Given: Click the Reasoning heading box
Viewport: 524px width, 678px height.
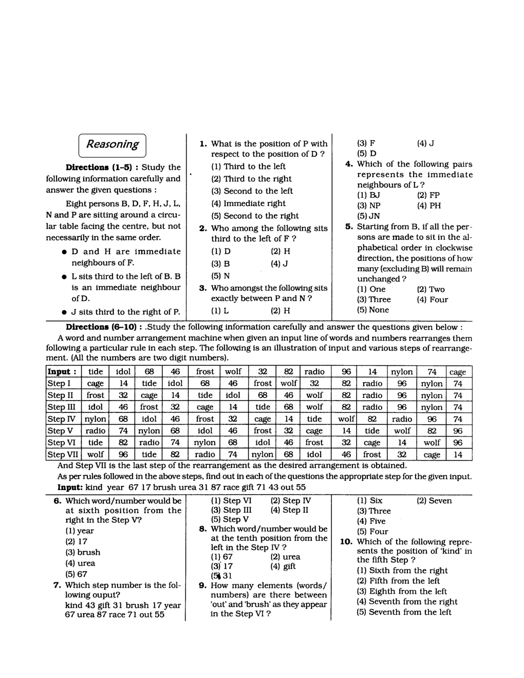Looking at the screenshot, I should (112, 144).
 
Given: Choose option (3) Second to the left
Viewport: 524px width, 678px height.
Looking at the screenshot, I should (252, 191).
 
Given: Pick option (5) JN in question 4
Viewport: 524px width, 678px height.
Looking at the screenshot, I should (368, 216).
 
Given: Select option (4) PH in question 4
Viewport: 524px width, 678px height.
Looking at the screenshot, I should (428, 206).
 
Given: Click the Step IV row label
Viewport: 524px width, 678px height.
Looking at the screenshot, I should (61, 419).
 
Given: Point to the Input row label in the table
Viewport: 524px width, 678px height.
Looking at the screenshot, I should (62, 372).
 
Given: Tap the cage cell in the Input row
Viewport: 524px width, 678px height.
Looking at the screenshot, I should (457, 372).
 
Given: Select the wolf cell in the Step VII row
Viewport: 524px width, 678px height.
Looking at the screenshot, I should (96, 455).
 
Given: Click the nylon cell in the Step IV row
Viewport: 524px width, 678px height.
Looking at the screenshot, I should (96, 419).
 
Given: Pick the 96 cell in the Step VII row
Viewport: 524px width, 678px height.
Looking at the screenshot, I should (123, 455).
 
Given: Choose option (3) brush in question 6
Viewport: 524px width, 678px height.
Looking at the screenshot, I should (83, 553).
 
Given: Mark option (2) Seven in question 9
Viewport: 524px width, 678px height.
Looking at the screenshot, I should (434, 501).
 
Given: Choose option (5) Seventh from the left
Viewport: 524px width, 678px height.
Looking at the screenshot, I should (404, 612).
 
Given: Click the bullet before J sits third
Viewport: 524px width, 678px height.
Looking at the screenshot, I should (62, 312).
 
